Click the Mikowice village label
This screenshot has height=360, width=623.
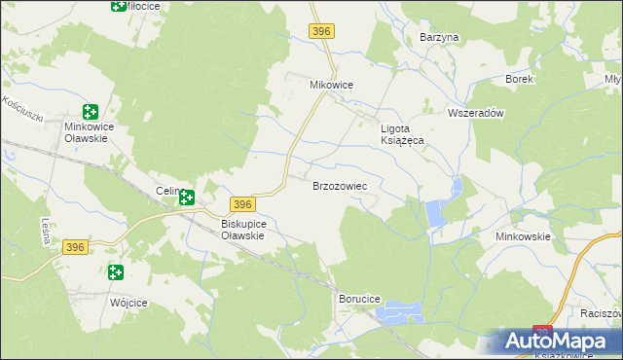click(x=331, y=85)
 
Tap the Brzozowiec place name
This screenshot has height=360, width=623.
click(x=340, y=185)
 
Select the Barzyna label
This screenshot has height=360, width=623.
click(x=438, y=37)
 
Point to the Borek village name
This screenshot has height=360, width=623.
click(x=519, y=79)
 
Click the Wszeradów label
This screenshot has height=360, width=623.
click(x=474, y=113)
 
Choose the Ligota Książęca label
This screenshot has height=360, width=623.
click(x=402, y=133)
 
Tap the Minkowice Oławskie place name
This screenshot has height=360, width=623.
click(x=91, y=132)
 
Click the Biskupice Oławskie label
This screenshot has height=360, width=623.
click(x=237, y=229)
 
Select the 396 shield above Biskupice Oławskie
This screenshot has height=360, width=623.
click(x=242, y=203)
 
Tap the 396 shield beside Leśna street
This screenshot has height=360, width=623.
click(x=77, y=248)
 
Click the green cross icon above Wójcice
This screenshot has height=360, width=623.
click(x=116, y=273)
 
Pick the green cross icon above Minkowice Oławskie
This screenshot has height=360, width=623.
click(x=91, y=112)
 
